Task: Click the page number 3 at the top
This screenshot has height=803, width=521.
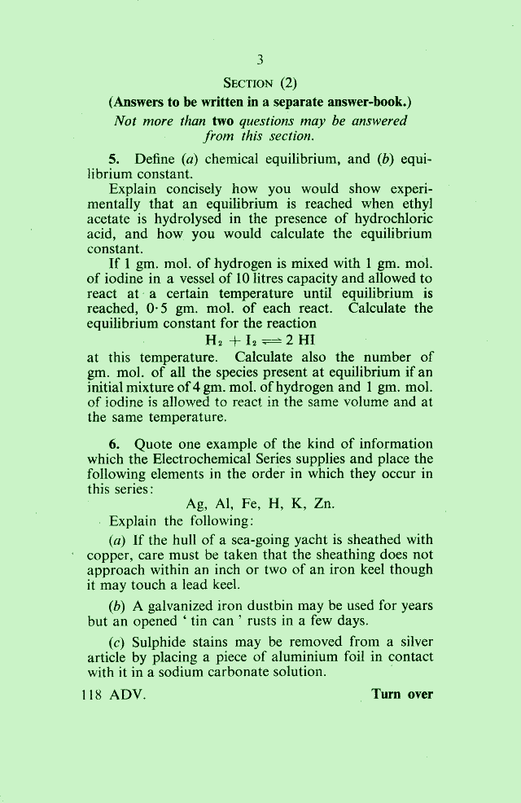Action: (x=260, y=59)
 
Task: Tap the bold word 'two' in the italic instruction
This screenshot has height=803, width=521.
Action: (x=223, y=120)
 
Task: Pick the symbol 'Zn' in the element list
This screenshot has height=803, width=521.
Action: (x=324, y=503)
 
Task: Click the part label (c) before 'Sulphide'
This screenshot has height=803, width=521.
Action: (x=116, y=641)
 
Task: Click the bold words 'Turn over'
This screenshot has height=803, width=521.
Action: (x=402, y=695)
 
